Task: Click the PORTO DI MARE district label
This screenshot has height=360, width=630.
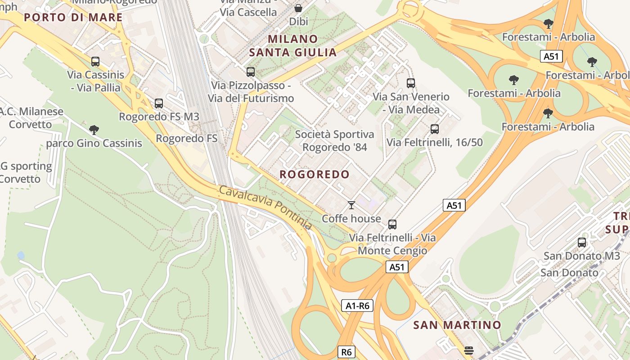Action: click(x=73, y=18)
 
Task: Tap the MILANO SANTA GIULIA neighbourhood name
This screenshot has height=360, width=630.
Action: click(x=293, y=45)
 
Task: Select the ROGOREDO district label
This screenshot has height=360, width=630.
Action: click(x=315, y=175)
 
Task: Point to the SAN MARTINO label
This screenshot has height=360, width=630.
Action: click(x=457, y=325)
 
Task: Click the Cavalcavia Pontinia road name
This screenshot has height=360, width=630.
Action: click(x=265, y=207)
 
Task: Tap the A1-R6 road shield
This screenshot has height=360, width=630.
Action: click(x=357, y=306)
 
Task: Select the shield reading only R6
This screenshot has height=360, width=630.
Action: click(x=346, y=352)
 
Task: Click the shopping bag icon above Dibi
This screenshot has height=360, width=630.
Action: click(x=298, y=8)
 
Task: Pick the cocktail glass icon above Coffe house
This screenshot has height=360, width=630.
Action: click(x=351, y=205)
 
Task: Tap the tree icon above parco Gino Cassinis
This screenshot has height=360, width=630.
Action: click(x=94, y=130)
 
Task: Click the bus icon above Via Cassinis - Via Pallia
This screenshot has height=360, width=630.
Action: click(x=95, y=62)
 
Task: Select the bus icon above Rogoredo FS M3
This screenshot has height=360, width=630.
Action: click(x=159, y=103)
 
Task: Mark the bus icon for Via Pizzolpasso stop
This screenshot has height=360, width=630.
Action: click(x=251, y=72)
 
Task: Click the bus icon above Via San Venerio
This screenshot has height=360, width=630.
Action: click(x=411, y=83)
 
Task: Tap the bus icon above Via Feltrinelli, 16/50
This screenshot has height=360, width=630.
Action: click(x=435, y=129)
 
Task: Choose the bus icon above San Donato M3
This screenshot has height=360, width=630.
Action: click(x=582, y=243)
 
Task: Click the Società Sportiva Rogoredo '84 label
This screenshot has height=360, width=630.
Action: click(x=334, y=140)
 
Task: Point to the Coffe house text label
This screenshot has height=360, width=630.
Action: click(x=351, y=219)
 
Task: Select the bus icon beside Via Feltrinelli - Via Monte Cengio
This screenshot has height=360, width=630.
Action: click(x=392, y=225)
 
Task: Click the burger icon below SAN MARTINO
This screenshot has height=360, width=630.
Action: click(x=468, y=351)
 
